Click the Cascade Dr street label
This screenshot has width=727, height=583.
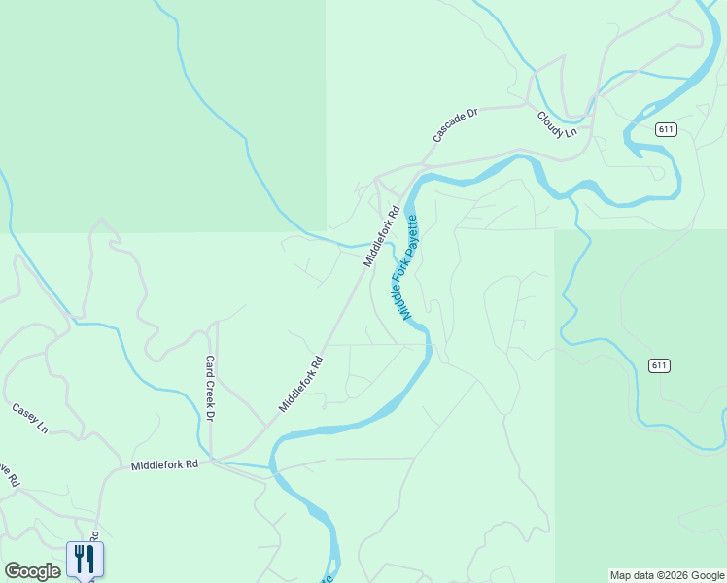(456, 126)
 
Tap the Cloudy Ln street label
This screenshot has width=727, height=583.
(557, 124)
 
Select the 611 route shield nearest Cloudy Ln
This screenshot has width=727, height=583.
(665, 129)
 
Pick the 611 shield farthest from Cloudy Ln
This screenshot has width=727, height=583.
(660, 365)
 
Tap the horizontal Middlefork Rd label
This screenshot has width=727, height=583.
(164, 465)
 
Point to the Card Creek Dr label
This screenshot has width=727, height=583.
(209, 388)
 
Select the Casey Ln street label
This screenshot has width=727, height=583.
(29, 417)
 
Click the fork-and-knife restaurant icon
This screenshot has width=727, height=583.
(85, 558)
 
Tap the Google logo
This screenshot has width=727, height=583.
(32, 571)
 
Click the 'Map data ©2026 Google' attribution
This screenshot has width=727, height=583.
(667, 575)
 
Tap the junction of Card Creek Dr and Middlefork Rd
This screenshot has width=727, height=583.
(213, 460)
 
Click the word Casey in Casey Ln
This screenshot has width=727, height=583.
(24, 413)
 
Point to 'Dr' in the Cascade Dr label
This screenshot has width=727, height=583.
(471, 114)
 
